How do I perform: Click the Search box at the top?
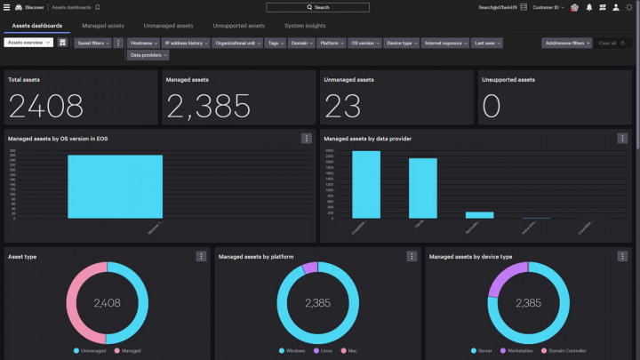click(x=317, y=7)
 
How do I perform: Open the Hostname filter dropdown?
click(x=143, y=43)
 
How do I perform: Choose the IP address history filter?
click(x=187, y=43)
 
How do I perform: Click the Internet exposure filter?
click(x=445, y=43)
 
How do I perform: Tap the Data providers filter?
click(x=147, y=55)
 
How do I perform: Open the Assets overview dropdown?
click(x=29, y=43)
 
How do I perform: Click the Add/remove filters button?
click(x=566, y=43)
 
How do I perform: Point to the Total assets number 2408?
click(x=46, y=106)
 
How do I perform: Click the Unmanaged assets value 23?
click(x=342, y=106)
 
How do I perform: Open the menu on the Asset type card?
click(x=201, y=256)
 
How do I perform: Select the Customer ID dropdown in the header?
click(x=548, y=7)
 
